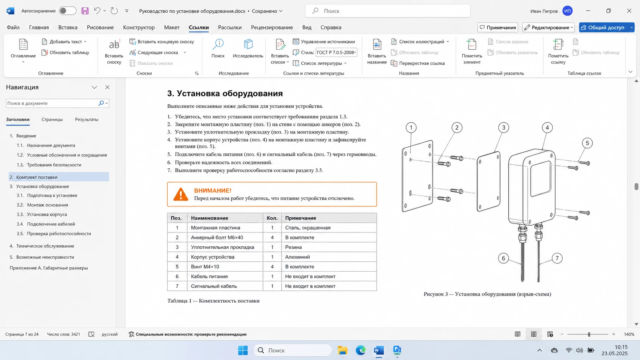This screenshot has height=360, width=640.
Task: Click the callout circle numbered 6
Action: click(x=503, y=258)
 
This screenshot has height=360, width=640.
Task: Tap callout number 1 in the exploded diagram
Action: click(x=411, y=128)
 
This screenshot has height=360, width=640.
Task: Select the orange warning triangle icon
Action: click(x=181, y=194)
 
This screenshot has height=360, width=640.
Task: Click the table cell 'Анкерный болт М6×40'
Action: click(x=217, y=238)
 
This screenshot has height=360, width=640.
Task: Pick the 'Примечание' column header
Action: click(x=300, y=218)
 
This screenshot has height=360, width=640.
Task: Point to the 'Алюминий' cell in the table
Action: click(x=297, y=257)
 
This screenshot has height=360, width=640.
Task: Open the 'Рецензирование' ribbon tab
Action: click(x=272, y=28)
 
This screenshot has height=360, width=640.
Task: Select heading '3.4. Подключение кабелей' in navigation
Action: click(x=46, y=224)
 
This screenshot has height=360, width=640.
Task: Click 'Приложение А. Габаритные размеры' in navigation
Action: click(x=49, y=268)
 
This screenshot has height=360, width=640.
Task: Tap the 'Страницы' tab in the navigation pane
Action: click(x=52, y=120)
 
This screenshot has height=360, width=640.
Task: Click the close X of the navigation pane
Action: click(x=108, y=87)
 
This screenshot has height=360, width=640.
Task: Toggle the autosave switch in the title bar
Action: click(x=67, y=11)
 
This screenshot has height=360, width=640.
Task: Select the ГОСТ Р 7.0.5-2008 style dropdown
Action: click(x=336, y=52)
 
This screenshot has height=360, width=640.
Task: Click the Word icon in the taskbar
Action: click(x=379, y=350)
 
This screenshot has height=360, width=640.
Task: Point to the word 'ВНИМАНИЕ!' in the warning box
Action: click(x=212, y=191)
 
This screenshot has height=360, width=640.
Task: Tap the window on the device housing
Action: click(x=540, y=178)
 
